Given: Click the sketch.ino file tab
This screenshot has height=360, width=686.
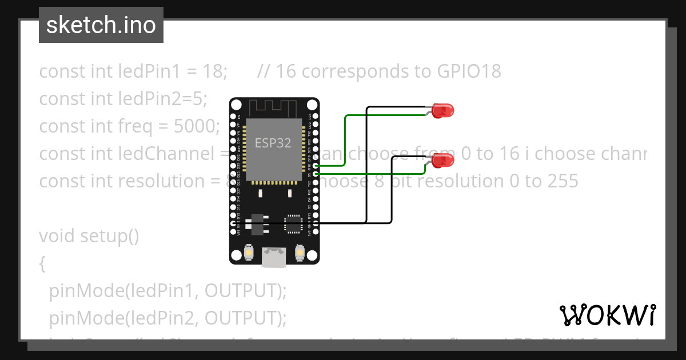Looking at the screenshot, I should (x=101, y=25).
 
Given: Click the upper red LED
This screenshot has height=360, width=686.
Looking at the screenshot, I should (x=442, y=110).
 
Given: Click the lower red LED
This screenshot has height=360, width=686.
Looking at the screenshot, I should (x=442, y=161).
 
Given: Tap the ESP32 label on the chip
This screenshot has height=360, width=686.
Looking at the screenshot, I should (x=273, y=143).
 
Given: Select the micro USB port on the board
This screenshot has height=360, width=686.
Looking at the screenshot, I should (x=274, y=257).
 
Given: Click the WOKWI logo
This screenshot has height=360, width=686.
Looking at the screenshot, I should (x=607, y=315).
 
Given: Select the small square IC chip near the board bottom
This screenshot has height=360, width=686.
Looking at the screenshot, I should (x=294, y=223).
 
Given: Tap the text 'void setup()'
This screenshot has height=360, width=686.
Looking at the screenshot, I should (x=89, y=235).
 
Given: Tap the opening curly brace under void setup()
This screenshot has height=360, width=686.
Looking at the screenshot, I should (x=42, y=263).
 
